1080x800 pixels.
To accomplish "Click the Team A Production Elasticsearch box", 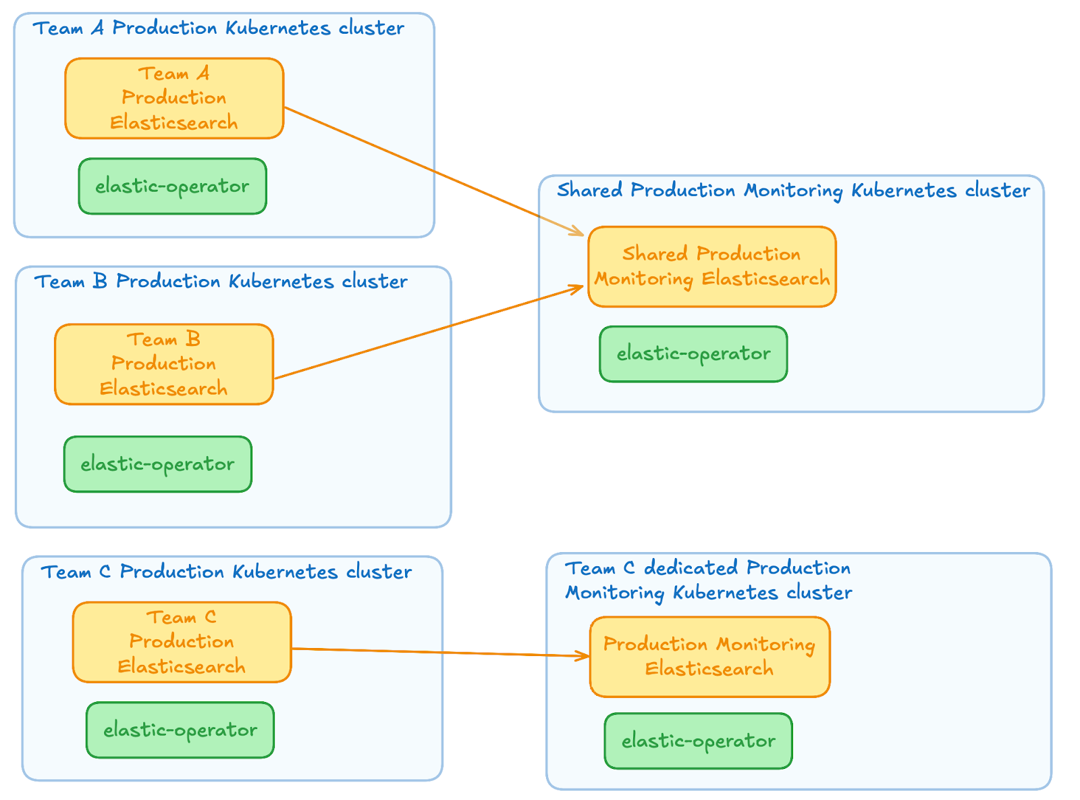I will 174,99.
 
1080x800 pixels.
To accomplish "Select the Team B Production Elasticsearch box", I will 164,364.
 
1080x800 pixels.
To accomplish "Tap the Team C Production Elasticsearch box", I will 182,642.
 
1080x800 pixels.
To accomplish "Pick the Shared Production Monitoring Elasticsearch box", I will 711,266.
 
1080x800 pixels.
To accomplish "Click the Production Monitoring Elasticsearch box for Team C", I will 709,657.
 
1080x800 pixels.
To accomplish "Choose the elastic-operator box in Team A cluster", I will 172,186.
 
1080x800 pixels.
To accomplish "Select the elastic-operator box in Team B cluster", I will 157,464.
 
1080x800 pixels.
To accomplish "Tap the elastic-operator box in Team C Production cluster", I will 180,730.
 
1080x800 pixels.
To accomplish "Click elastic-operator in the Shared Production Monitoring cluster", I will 693,354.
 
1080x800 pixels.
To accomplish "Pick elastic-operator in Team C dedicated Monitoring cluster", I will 698,741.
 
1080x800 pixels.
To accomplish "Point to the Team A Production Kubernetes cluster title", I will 219,28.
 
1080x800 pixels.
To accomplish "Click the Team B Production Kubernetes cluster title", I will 221,281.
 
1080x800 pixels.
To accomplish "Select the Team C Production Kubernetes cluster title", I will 226,572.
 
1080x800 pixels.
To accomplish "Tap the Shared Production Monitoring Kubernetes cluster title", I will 793,191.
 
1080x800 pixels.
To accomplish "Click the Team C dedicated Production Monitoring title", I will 708,580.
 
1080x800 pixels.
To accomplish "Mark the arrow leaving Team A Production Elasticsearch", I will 432,170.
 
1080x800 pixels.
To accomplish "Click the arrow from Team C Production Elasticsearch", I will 439,652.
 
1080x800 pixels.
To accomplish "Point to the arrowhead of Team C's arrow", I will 585,655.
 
